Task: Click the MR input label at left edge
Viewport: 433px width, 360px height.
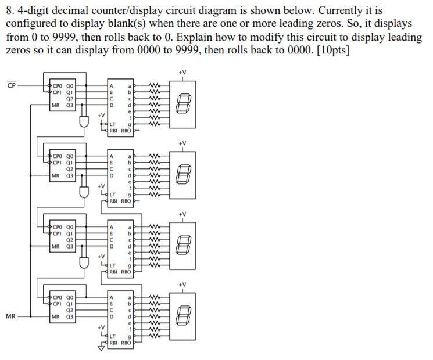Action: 10,316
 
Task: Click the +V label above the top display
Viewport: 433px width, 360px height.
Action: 182,72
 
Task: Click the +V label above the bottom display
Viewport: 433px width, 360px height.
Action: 182,284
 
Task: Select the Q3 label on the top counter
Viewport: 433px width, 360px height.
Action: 70,106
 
